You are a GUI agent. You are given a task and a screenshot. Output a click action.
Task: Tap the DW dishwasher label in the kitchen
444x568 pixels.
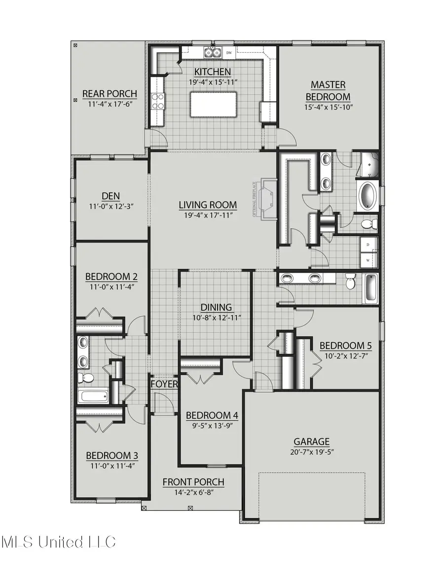tap(229, 52)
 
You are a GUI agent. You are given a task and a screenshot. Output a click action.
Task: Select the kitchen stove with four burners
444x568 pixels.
tap(158, 101)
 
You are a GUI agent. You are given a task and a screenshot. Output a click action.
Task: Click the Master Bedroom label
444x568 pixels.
tap(328, 91)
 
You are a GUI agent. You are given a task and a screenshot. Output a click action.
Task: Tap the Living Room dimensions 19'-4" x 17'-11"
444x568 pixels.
tap(208, 215)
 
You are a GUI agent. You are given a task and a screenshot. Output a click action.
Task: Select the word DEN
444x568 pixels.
tap(111, 195)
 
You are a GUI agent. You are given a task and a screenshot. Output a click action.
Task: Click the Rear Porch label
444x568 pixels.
tap(110, 94)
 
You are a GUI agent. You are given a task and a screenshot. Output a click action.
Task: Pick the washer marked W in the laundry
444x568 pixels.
tap(369, 258)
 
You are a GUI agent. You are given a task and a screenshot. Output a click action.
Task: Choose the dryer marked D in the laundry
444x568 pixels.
tap(369, 244)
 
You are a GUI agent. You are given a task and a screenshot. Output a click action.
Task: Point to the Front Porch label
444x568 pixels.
tap(193, 482)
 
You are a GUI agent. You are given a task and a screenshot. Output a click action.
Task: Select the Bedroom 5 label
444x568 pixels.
tap(345, 345)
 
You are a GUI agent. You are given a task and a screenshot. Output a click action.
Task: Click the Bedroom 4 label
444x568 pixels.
tap(212, 415)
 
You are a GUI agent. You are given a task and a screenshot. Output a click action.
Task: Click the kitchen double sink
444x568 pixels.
tap(213, 52)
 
